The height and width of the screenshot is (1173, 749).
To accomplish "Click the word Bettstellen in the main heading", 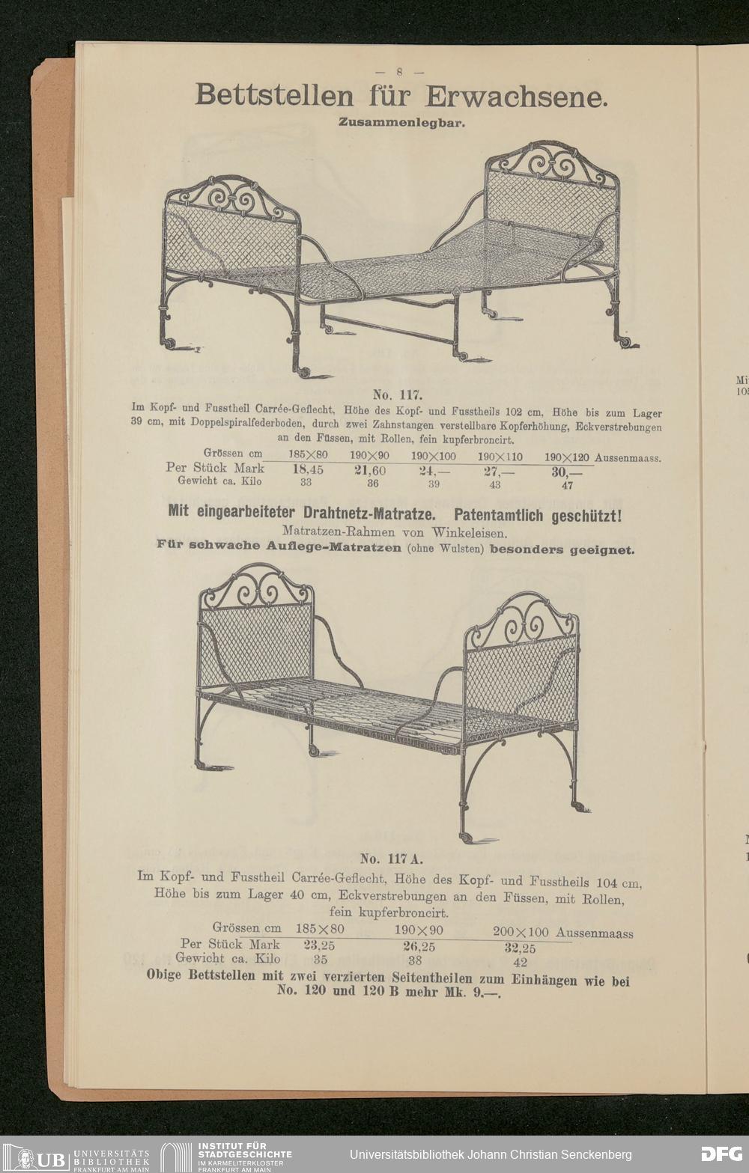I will coord(273,97).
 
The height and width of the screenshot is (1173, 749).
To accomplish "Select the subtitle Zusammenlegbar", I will coord(401,122).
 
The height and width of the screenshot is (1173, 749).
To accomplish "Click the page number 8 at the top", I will coord(400,73).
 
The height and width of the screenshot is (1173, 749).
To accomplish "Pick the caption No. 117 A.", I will coord(392,859).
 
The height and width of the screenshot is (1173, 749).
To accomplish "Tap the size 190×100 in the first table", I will coord(432,456).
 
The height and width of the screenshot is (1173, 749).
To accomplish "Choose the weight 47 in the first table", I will coord(567,485).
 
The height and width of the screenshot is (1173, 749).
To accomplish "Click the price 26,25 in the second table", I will coord(419,946).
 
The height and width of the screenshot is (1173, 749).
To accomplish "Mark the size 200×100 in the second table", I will coord(521,932).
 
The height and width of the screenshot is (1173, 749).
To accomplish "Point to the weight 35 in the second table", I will coord(320,959).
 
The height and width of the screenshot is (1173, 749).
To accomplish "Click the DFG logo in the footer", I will coord(721,1154).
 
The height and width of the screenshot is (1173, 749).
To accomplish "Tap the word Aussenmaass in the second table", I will coord(595,933).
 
